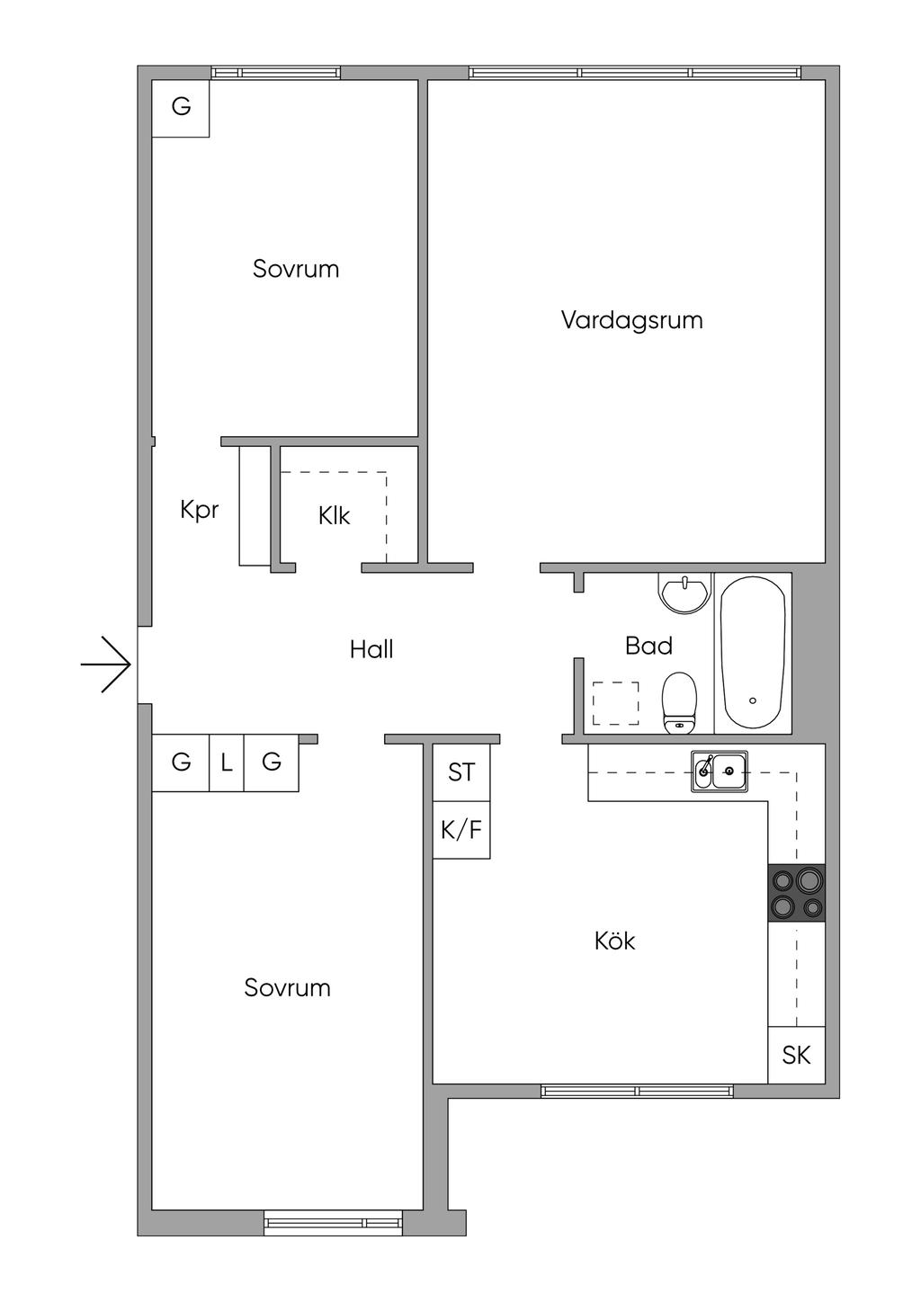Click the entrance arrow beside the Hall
tap(107, 664)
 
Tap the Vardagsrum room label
tap(631, 320)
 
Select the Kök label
tap(615, 941)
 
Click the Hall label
tap(371, 649)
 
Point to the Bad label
tap(648, 646)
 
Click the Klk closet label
tap(334, 516)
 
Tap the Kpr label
tap(199, 510)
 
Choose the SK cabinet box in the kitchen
tap(796, 1055)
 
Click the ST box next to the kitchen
tap(461, 771)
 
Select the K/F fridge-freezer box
tap(461, 829)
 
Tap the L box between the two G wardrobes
tap(227, 763)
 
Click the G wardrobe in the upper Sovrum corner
tap(181, 107)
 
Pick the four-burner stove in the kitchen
tap(797, 893)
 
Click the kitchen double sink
tap(720, 771)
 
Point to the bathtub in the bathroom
tap(753, 653)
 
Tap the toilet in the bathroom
tap(679, 703)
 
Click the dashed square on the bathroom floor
tap(616, 703)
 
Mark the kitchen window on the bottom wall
tap(637, 1091)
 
